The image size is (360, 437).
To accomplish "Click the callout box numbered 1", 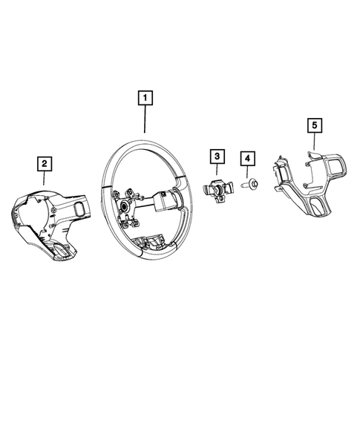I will click(145, 98).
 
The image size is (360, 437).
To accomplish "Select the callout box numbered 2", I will click(44, 162).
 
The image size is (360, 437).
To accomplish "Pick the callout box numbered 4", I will click(246, 158).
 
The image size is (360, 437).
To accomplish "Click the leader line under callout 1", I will click(145, 119).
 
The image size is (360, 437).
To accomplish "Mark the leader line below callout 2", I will click(44, 177).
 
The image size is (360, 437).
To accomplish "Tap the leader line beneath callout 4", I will click(246, 171).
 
